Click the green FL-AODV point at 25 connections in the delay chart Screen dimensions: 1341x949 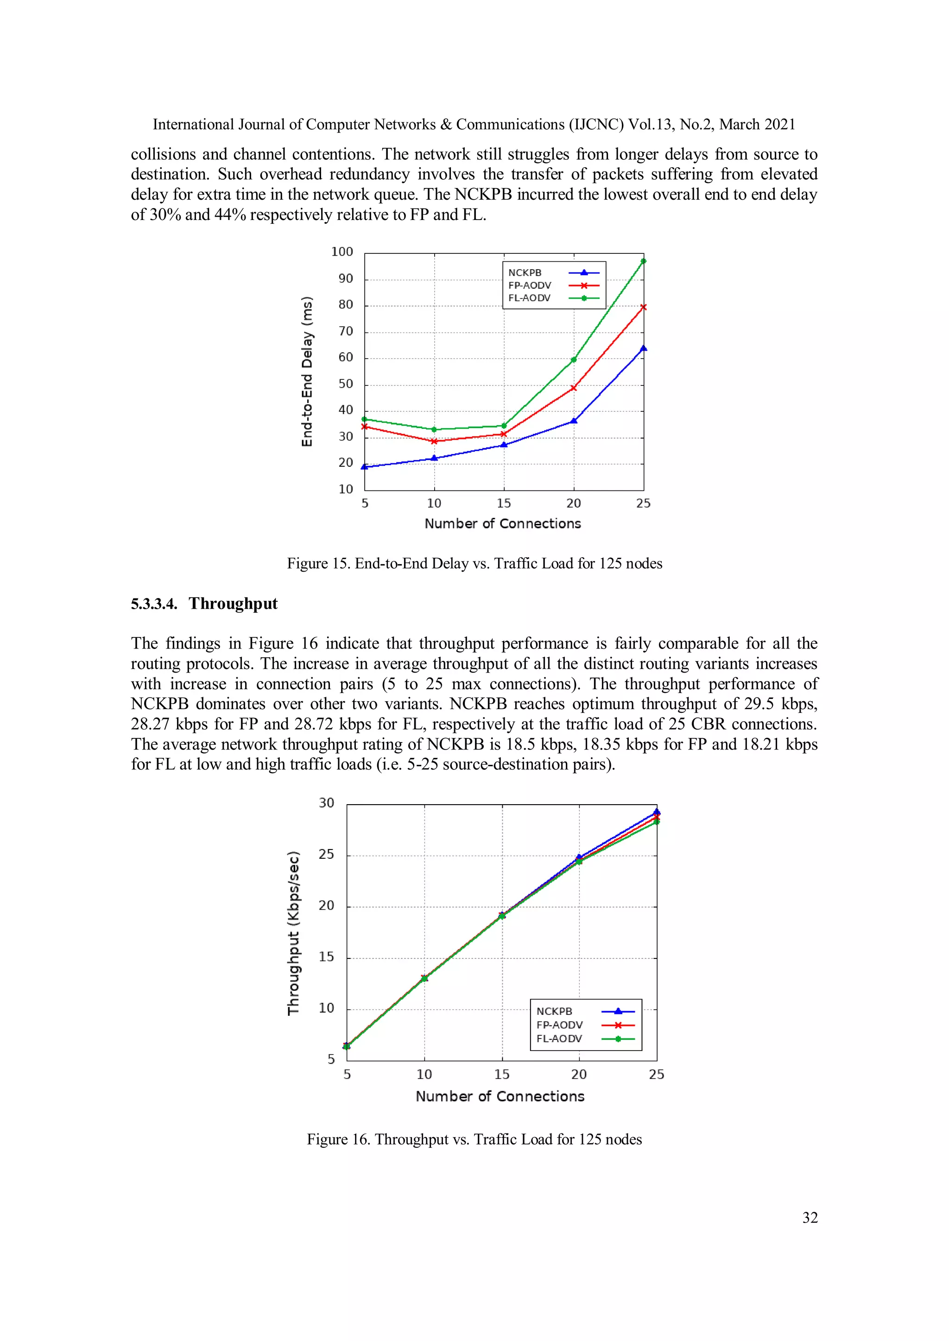tap(643, 261)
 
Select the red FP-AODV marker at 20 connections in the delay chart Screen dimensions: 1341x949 tap(573, 388)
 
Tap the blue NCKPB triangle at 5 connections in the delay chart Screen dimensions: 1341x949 tap(365, 466)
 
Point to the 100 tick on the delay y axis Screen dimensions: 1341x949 tap(342, 252)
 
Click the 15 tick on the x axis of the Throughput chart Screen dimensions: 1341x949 tap(501, 1074)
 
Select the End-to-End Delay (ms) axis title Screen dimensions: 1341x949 tap(307, 372)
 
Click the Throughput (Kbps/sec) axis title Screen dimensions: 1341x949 tap(293, 933)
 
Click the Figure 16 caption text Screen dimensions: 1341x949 tap(474, 1139)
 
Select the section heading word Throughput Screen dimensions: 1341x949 tap(233, 603)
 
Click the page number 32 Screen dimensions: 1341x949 tap(810, 1217)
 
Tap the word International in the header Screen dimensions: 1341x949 tap(193, 125)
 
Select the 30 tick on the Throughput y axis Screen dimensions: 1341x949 tap(327, 803)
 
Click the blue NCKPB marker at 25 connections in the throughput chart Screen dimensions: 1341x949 tap(656, 812)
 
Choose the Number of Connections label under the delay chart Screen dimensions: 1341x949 tap(503, 523)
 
